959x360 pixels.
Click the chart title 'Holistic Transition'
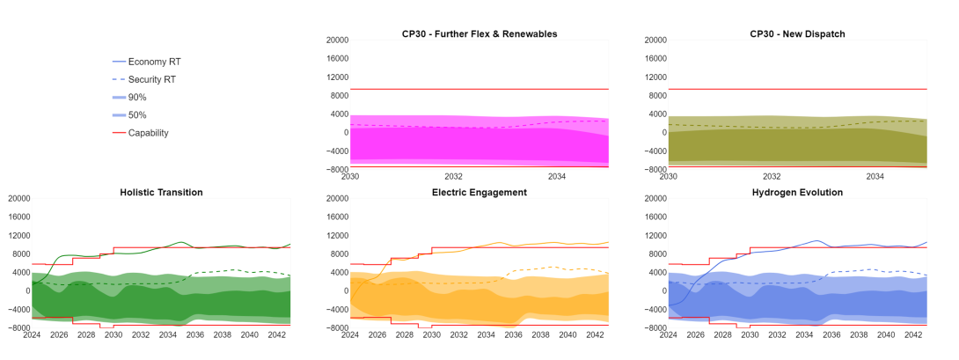[161, 192]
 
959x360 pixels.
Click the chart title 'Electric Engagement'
[479, 192]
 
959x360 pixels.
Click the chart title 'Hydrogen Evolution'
[797, 192]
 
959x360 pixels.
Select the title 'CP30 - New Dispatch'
[797, 33]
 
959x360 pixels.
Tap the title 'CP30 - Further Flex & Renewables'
[479, 33]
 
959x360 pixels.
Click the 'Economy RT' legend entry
[154, 62]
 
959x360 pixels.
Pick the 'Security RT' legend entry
[151, 79]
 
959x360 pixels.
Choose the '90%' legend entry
[137, 97]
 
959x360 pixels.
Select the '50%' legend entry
[137, 115]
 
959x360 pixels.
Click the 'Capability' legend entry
[148, 133]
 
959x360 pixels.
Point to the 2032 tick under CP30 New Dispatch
[772, 176]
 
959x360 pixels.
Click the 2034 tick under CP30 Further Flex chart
[557, 176]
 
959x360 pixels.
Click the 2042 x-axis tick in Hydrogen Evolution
[910, 334]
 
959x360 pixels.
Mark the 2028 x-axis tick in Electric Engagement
[405, 334]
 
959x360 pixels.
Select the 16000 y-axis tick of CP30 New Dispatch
[654, 58]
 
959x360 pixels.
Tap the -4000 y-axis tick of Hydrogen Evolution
[654, 309]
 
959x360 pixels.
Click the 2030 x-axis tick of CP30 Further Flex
[350, 176]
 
